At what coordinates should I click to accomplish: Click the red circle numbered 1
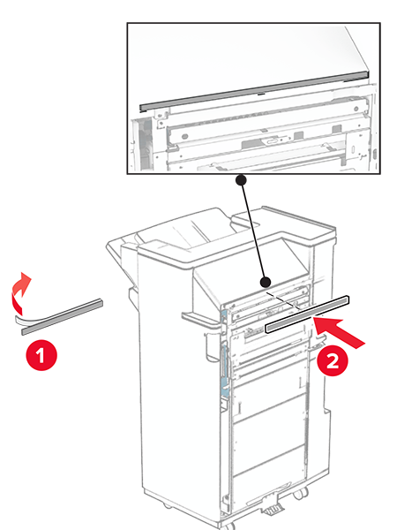[x=41, y=356]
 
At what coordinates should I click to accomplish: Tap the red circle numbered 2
[x=333, y=361]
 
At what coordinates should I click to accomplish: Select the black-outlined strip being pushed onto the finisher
[x=307, y=314]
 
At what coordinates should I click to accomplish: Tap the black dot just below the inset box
[x=241, y=180]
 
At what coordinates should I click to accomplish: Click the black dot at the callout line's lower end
[x=266, y=283]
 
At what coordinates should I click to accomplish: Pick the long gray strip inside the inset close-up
[x=254, y=92]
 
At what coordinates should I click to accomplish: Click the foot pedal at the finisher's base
[x=272, y=509]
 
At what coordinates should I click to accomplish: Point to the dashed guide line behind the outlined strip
[x=283, y=300]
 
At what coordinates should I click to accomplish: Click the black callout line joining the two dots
[x=253, y=231]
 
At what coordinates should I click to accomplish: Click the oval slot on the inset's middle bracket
[x=273, y=141]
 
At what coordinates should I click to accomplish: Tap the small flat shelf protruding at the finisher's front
[x=200, y=321]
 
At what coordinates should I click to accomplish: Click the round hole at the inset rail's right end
[x=356, y=109]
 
